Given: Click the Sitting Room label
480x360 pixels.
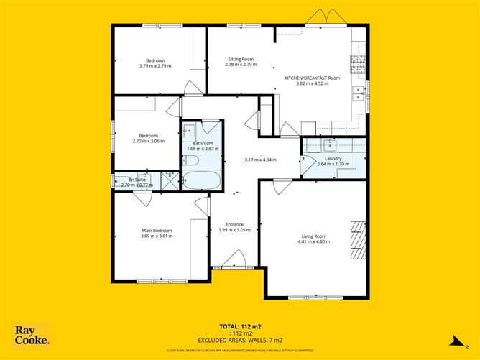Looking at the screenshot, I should [x=241, y=59].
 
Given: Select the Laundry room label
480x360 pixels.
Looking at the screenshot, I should [x=333, y=158].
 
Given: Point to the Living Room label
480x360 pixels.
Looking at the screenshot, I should [x=313, y=236].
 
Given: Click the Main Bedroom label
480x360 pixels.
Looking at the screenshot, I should [x=156, y=230].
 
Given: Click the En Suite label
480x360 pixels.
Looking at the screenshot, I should [x=137, y=180].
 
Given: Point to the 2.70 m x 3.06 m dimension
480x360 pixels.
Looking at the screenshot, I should [x=149, y=141].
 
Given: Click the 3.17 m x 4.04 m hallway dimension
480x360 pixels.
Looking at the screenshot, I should [x=260, y=160].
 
